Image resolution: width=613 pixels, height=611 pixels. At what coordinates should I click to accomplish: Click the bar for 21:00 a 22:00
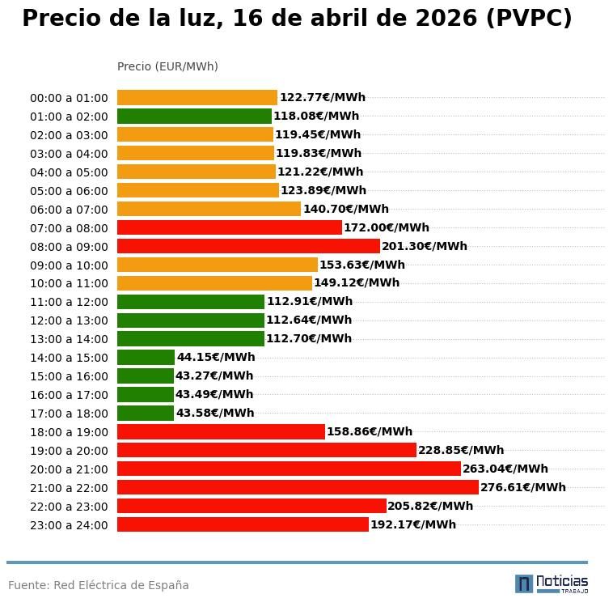coord(298,487)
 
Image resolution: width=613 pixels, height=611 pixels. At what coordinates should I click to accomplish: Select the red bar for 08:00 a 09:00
coord(248,246)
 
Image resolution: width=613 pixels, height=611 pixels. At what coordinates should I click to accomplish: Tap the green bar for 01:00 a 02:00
coord(194,117)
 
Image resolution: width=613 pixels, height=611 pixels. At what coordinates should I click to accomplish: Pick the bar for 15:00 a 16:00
coord(146,376)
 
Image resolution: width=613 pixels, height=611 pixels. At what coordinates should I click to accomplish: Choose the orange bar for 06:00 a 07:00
coord(209,209)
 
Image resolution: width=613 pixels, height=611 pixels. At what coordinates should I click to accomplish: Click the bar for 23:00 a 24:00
coord(243,524)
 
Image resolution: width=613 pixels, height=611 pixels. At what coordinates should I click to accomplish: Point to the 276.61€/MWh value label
coord(523,487)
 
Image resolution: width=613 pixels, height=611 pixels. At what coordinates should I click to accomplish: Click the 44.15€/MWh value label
coord(216,358)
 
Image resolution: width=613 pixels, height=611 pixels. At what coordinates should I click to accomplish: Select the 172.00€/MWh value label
coord(387,228)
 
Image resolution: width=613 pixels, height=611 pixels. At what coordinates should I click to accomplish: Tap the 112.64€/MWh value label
coord(309,320)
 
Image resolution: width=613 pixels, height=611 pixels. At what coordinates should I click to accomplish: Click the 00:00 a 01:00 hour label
coord(69,99)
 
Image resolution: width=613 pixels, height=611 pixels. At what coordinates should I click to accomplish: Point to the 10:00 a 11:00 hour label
coord(69,284)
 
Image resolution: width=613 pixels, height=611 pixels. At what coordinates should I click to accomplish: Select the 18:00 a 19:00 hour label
coord(69,433)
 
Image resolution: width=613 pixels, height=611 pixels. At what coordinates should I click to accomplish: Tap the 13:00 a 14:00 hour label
coord(69,340)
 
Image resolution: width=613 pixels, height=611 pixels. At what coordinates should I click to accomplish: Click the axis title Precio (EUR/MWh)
coord(167,67)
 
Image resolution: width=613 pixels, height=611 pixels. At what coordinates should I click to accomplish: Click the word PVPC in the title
coord(529,19)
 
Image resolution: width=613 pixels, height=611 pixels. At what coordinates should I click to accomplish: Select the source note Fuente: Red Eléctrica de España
coord(99,585)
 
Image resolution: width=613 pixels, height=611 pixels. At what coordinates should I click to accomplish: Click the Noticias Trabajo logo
coord(552,583)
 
